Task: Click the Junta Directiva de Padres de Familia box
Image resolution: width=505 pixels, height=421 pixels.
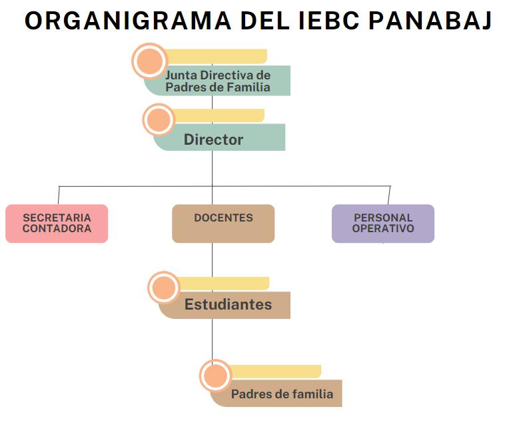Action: tap(218, 81)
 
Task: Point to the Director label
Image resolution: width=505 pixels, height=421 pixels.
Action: tap(214, 139)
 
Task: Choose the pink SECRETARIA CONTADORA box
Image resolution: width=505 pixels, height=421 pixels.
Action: tap(57, 224)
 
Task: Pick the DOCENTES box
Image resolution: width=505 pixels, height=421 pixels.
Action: tap(223, 224)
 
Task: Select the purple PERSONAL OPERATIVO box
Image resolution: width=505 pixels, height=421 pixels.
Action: tap(383, 224)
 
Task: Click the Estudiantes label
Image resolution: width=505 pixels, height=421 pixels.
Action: tap(228, 305)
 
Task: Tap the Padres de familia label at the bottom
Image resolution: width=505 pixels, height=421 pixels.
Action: tap(282, 394)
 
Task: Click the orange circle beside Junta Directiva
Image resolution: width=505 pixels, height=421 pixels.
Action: tap(149, 61)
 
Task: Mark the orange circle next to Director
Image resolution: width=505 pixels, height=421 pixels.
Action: tap(159, 120)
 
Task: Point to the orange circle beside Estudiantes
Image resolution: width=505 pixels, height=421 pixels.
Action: tap(163, 288)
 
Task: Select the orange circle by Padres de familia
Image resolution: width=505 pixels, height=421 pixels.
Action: tap(215, 376)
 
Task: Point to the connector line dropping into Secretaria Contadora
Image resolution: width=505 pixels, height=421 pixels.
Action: tap(59, 195)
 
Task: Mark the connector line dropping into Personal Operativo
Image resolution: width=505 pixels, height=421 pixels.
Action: tap(389, 195)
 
